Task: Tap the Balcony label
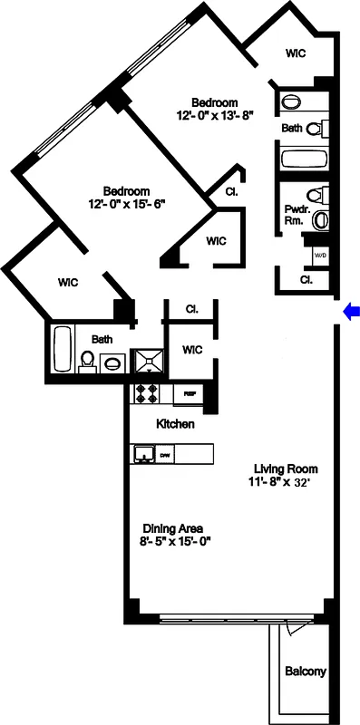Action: pyautogui.click(x=305, y=672)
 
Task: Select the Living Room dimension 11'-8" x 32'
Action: pyautogui.click(x=285, y=482)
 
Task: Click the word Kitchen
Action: pyautogui.click(x=174, y=424)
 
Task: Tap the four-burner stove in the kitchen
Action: pyautogui.click(x=147, y=394)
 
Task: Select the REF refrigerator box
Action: pyautogui.click(x=191, y=394)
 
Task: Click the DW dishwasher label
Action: pyautogui.click(x=166, y=455)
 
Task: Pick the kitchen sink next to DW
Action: pyautogui.click(x=142, y=454)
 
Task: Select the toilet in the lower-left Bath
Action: pyautogui.click(x=88, y=363)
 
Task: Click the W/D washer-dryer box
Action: pyautogui.click(x=320, y=256)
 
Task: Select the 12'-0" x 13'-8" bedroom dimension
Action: pyautogui.click(x=215, y=115)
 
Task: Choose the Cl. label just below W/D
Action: pyautogui.click(x=306, y=280)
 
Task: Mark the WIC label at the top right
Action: pyautogui.click(x=296, y=53)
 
